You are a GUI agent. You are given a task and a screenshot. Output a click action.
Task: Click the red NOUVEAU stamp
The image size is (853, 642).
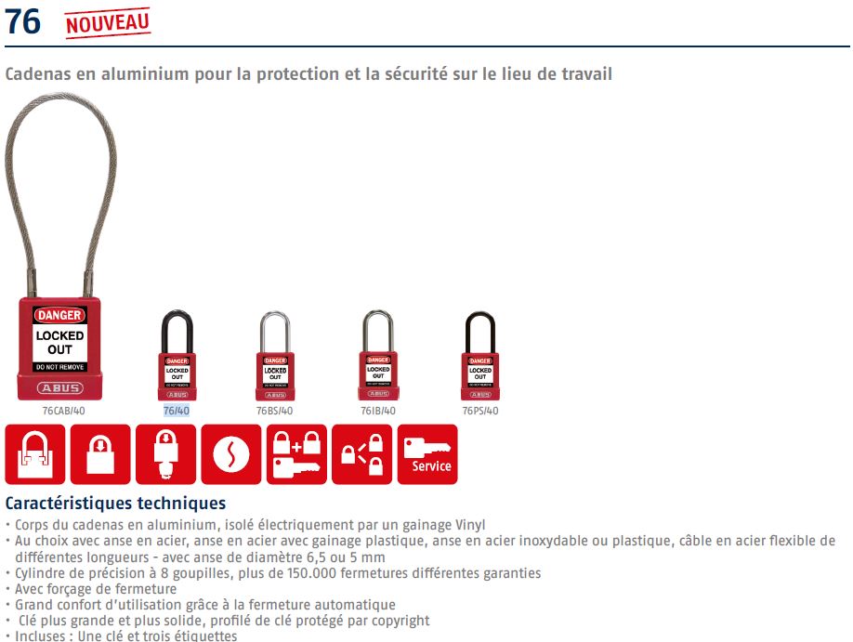coord(108,21)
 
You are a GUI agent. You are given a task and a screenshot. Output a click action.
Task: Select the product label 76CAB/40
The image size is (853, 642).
coord(63,411)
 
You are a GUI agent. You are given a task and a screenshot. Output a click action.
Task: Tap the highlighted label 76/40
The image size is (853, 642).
coord(177,411)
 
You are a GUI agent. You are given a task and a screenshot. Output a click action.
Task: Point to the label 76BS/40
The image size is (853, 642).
coord(275,411)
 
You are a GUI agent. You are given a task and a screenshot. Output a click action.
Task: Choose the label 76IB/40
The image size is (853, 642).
coord(377,411)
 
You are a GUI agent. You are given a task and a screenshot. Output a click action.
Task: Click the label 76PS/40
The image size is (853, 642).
coord(479,411)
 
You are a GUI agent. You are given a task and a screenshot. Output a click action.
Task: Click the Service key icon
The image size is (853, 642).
coord(427,454)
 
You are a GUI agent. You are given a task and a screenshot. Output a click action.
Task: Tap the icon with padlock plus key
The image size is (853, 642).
coord(296,454)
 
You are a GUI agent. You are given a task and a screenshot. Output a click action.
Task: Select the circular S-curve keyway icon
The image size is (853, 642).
coord(231,454)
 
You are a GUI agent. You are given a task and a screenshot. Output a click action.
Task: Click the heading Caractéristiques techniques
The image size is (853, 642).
coord(115,504)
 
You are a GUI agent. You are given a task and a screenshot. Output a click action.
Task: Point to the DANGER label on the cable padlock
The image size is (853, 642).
coord(59,316)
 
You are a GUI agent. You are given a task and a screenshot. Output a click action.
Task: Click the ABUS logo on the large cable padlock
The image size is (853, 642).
coord(59,387)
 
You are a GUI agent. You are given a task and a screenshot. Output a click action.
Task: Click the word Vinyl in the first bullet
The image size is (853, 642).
coord(468,526)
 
